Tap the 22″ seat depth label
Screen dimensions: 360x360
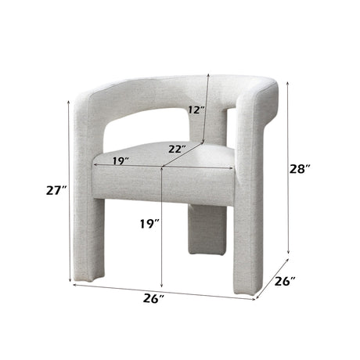click(176, 149)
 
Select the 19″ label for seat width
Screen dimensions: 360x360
click(120, 160)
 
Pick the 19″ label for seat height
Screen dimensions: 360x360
click(149, 225)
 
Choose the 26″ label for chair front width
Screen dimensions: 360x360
click(154, 298)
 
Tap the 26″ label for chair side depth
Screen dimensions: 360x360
click(285, 281)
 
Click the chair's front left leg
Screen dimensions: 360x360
click(88, 235)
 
